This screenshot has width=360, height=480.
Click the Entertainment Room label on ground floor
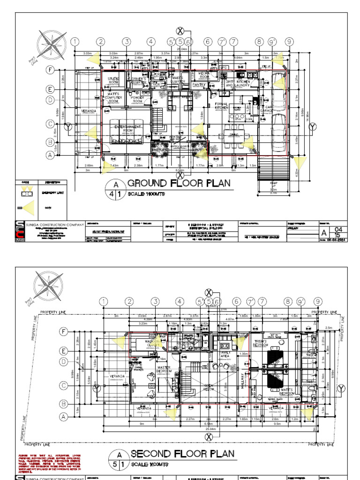coord(125,127)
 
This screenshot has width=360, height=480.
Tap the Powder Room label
coord(137,99)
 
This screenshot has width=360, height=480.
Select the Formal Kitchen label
coord(221,105)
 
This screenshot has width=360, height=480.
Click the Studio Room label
coord(113,81)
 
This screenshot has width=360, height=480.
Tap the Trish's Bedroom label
coord(260,343)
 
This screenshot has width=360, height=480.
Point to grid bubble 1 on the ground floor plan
coord(74,42)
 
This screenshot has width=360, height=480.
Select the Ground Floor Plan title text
coord(179,183)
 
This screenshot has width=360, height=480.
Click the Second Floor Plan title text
coord(182,454)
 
